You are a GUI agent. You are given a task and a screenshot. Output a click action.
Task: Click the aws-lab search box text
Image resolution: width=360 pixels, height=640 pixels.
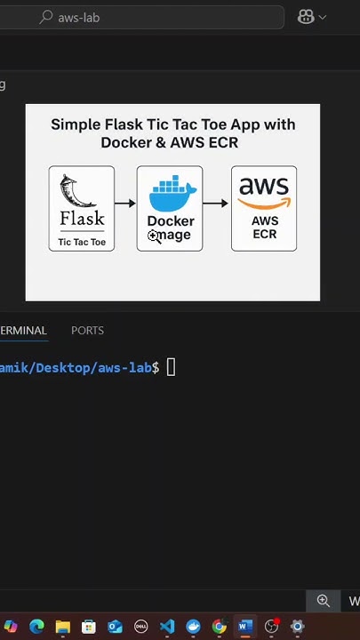(x=78, y=17)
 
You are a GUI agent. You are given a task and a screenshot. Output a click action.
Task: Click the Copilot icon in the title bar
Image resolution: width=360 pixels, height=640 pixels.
(x=306, y=17)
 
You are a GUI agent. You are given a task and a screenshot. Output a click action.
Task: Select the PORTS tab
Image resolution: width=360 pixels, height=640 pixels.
(x=87, y=330)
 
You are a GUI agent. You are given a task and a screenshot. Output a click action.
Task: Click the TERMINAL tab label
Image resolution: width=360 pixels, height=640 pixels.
(x=23, y=330)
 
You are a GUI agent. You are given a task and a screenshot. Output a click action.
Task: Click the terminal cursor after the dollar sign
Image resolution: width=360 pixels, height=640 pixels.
(x=172, y=368)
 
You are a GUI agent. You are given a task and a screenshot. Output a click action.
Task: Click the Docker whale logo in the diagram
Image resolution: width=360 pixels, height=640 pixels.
(x=172, y=195)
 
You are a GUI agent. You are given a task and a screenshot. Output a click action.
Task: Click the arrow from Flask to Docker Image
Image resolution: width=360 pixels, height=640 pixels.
(x=125, y=204)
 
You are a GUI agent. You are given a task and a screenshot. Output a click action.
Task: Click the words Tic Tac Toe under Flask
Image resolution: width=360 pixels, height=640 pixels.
(x=82, y=242)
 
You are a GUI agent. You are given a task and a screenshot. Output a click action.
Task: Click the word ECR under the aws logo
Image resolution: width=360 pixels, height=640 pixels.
(x=264, y=234)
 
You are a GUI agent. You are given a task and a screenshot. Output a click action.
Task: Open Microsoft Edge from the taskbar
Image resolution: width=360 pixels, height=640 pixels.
(x=36, y=627)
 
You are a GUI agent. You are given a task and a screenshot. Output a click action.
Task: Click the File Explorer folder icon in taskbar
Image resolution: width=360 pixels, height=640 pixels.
(x=62, y=627)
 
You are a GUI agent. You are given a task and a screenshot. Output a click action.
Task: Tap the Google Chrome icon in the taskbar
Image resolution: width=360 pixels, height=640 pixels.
(x=219, y=627)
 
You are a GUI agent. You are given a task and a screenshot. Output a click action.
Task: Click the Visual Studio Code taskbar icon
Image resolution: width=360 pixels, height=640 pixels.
(x=167, y=627)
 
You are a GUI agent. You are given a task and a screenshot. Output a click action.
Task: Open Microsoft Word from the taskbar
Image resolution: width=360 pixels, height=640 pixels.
(x=245, y=627)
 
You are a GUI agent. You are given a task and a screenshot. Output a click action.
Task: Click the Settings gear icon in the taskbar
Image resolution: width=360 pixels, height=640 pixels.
(x=297, y=627)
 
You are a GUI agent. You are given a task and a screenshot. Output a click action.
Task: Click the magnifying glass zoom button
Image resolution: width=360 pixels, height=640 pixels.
(x=324, y=601)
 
